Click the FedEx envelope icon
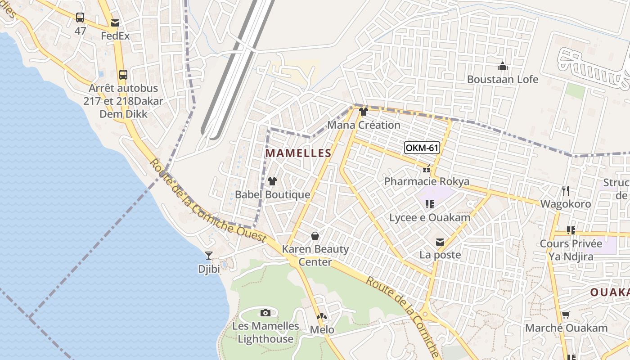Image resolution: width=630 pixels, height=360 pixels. (115, 23)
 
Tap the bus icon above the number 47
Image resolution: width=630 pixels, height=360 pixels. (80, 18)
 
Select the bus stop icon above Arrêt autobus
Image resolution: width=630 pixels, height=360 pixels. (123, 75)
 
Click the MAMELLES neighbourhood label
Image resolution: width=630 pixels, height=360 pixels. (298, 153)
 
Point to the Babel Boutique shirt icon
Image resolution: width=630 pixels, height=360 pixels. (272, 181)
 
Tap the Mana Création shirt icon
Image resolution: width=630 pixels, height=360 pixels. (364, 112)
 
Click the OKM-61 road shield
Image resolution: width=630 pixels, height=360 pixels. (422, 148)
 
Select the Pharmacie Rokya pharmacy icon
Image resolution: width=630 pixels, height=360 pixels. (426, 169)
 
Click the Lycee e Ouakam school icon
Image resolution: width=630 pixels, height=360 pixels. (430, 204)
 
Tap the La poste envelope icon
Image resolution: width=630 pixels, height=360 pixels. (440, 242)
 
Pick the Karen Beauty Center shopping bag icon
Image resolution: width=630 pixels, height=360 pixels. (315, 236)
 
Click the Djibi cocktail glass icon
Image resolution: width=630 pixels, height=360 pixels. (209, 256)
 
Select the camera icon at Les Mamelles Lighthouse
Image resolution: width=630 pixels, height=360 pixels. (265, 313)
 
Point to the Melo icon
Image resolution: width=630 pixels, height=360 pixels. (322, 317)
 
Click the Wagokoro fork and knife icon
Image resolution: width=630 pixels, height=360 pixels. (566, 190)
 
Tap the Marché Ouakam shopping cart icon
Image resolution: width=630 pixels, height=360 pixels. (566, 315)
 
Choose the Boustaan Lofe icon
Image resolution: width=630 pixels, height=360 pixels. (503, 67)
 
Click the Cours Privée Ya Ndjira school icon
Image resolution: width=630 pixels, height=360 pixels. (571, 230)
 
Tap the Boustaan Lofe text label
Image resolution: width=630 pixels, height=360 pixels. (503, 80)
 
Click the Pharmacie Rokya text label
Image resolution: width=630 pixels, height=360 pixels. (427, 182)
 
